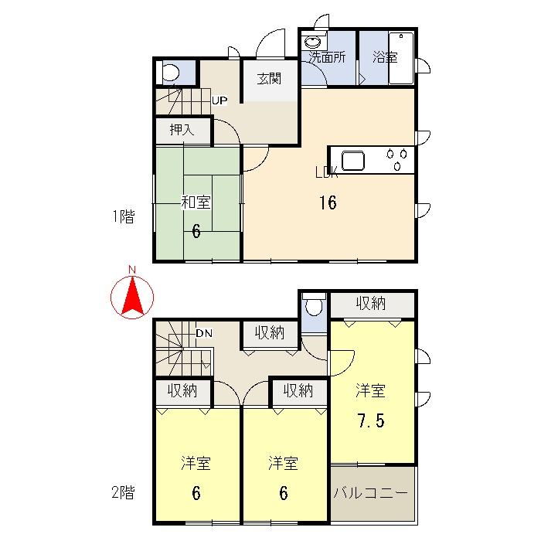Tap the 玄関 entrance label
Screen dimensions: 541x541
click(268, 78)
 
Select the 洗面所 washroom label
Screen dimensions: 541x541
click(327, 56)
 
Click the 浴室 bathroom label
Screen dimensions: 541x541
click(384, 56)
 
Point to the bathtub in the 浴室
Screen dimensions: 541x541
click(401, 58)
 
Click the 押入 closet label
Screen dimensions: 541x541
click(182, 130)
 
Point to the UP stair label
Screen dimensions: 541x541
click(219, 100)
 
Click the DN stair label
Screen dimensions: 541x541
click(203, 333)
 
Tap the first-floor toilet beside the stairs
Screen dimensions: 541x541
click(171, 73)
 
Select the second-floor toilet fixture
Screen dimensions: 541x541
click(314, 307)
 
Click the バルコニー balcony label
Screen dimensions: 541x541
click(373, 492)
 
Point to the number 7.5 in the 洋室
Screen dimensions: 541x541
click(371, 421)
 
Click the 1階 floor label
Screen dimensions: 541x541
click(123, 217)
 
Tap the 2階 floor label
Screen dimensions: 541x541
click(123, 492)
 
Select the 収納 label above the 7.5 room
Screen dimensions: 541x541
click(371, 304)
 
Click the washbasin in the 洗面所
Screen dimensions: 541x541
click(313, 43)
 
